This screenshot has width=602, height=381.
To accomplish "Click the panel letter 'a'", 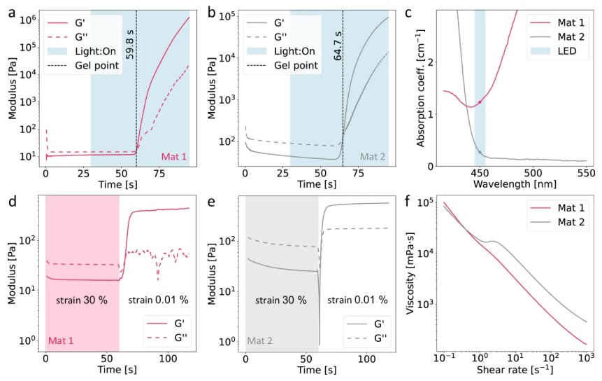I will click(11, 13).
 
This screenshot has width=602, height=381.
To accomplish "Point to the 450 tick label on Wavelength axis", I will click(479, 172).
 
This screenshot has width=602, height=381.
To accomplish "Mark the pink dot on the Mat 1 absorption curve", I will click(480, 102).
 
